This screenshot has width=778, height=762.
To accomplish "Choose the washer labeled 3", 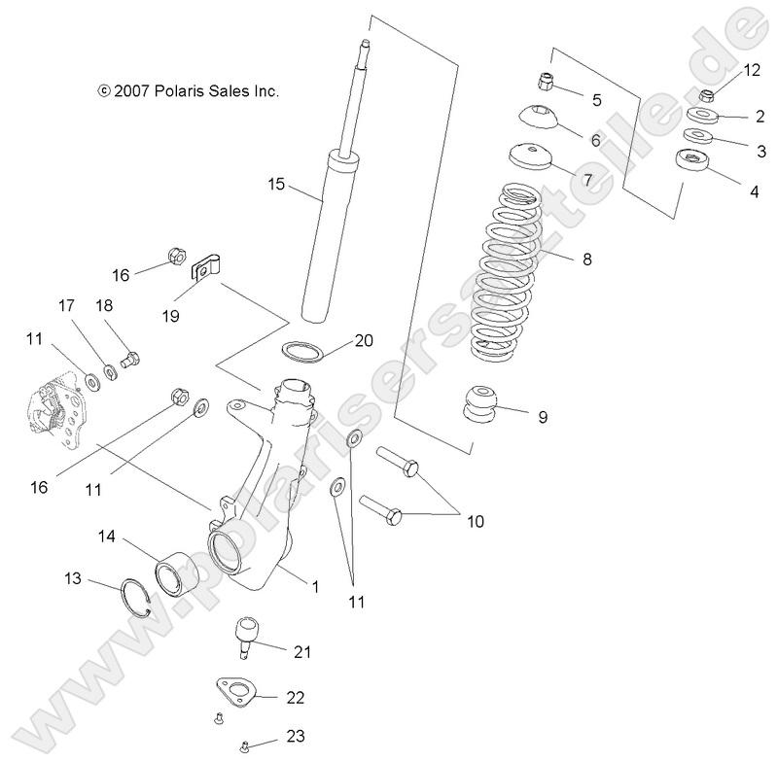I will pyautogui.click(x=696, y=136).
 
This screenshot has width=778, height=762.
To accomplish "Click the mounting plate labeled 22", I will pyautogui.click(x=241, y=692).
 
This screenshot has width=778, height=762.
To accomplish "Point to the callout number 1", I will pyautogui.click(x=314, y=586).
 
